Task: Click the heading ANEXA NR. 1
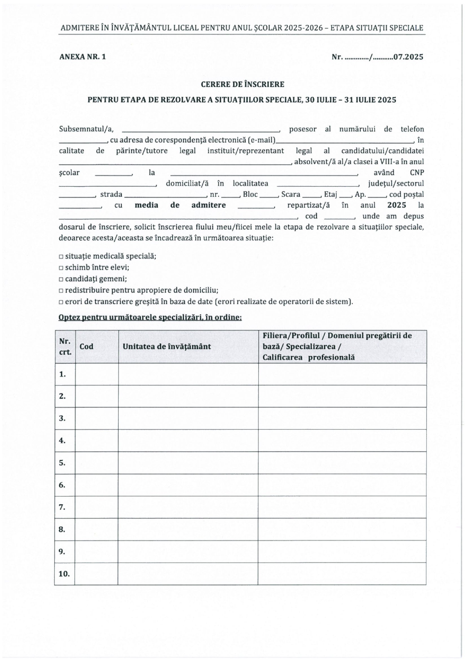82,57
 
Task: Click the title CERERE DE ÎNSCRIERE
242,84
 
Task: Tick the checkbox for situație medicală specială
61,257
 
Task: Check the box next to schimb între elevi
61,268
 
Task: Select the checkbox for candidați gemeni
61,279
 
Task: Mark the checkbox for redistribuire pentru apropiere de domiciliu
61,290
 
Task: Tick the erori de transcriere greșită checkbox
61,302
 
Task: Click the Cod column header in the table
86,346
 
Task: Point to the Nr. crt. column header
65,346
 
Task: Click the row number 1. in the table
62,374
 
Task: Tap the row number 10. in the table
64,574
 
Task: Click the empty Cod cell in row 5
97,463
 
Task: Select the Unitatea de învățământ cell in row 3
188,418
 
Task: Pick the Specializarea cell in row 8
342,529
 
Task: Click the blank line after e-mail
344,140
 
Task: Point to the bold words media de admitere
180,205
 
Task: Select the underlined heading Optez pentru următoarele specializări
150,317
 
